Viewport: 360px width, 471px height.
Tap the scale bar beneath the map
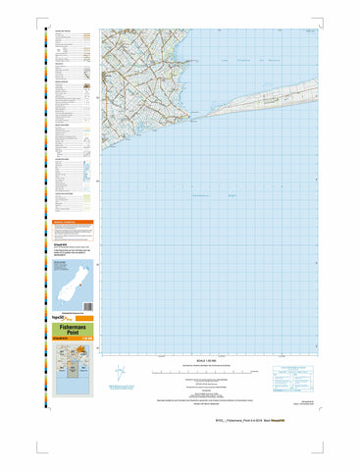(x=206, y=372)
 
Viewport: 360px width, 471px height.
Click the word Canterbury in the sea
(x=201, y=195)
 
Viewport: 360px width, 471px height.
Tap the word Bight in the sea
(x=231, y=195)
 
